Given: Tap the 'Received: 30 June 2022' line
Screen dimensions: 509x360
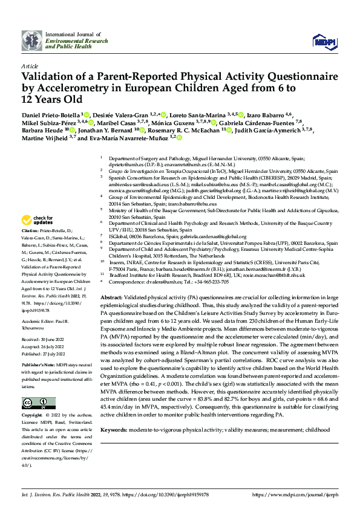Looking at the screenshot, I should coord(43,324).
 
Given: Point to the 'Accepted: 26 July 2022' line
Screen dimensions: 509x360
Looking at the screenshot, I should coord(43,331).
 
